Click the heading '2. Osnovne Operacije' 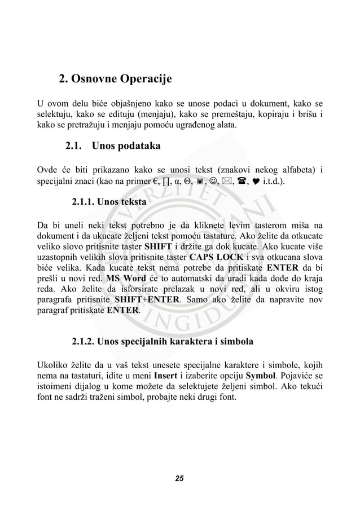pos(115,78)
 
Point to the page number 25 pos(179,479)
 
